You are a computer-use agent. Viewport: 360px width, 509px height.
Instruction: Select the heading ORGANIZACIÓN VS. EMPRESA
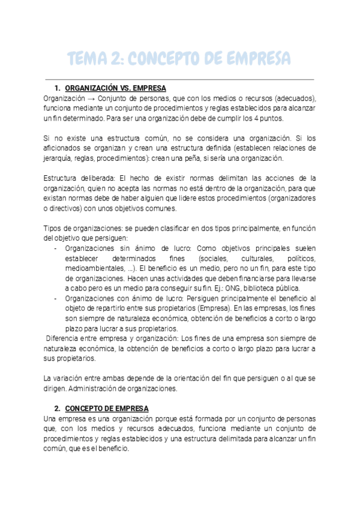(x=116, y=88)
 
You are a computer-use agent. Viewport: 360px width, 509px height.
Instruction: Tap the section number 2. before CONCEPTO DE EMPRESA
(x=58, y=408)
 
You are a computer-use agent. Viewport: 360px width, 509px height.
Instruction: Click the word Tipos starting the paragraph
(x=54, y=229)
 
